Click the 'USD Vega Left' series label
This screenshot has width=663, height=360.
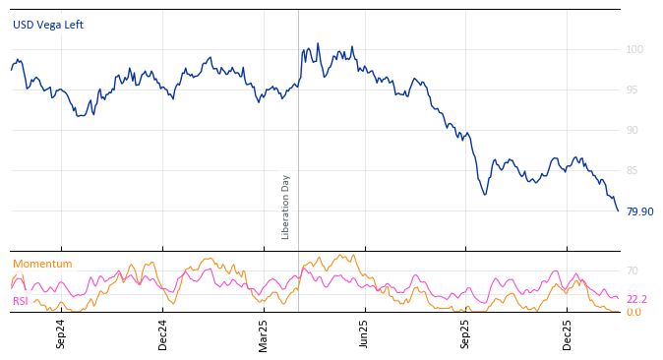point(48,25)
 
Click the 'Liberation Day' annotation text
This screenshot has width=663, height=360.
point(286,207)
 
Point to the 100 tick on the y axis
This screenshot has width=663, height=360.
point(634,49)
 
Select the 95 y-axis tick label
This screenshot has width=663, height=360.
point(633,90)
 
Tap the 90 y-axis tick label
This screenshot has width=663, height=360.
point(633,130)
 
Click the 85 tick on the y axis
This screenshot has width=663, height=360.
point(633,170)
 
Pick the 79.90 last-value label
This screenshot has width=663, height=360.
point(639,211)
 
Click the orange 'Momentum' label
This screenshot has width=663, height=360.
point(42,264)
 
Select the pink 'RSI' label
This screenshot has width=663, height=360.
point(21,301)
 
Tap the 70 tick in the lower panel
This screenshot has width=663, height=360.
point(633,270)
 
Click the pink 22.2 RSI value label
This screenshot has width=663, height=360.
point(636,299)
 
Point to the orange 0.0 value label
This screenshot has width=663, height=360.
point(633,312)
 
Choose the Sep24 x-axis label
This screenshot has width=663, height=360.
point(61,333)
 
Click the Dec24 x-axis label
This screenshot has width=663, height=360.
point(163,333)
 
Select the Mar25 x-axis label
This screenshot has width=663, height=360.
point(264,333)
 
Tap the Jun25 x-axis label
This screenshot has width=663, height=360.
point(365,333)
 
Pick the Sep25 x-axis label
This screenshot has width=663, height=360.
point(466,333)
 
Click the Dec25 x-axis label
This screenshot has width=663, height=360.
point(568,333)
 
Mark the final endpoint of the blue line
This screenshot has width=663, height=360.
point(619,210)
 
